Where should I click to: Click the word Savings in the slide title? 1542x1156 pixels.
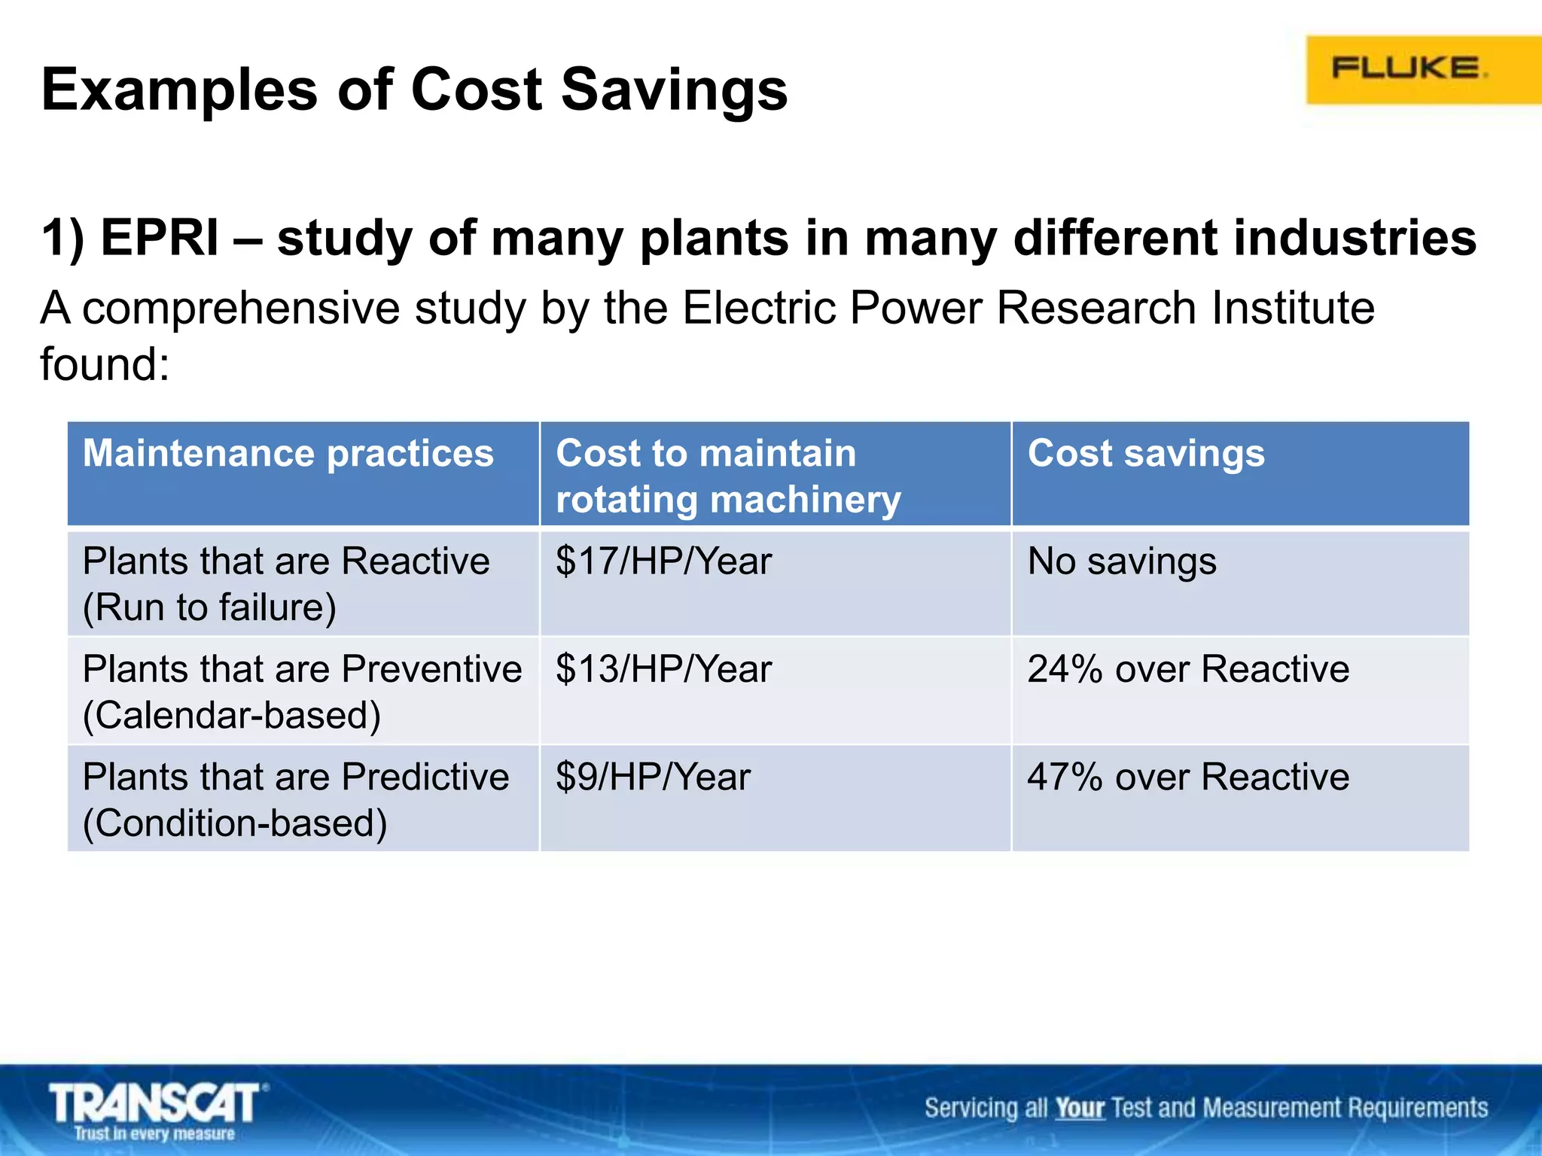(x=674, y=90)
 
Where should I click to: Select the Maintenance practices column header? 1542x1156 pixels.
(x=288, y=453)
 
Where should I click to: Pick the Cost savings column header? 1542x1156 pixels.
(x=1145, y=453)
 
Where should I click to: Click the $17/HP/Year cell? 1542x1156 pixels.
(x=663, y=561)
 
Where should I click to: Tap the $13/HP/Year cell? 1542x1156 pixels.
(x=663, y=669)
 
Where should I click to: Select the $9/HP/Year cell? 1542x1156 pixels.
(x=653, y=777)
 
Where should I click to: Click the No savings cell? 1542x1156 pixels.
(x=1121, y=561)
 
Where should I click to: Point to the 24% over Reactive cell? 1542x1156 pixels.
(x=1187, y=669)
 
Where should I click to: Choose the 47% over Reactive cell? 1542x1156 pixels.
(x=1187, y=777)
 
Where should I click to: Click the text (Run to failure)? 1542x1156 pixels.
(x=209, y=607)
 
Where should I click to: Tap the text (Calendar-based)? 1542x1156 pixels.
(x=231, y=715)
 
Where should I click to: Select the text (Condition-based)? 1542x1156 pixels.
(x=235, y=823)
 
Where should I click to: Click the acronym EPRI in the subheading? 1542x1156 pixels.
(x=160, y=238)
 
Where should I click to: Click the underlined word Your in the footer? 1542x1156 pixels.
(x=1079, y=1108)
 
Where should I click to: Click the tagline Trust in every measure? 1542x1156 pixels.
(x=154, y=1133)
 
